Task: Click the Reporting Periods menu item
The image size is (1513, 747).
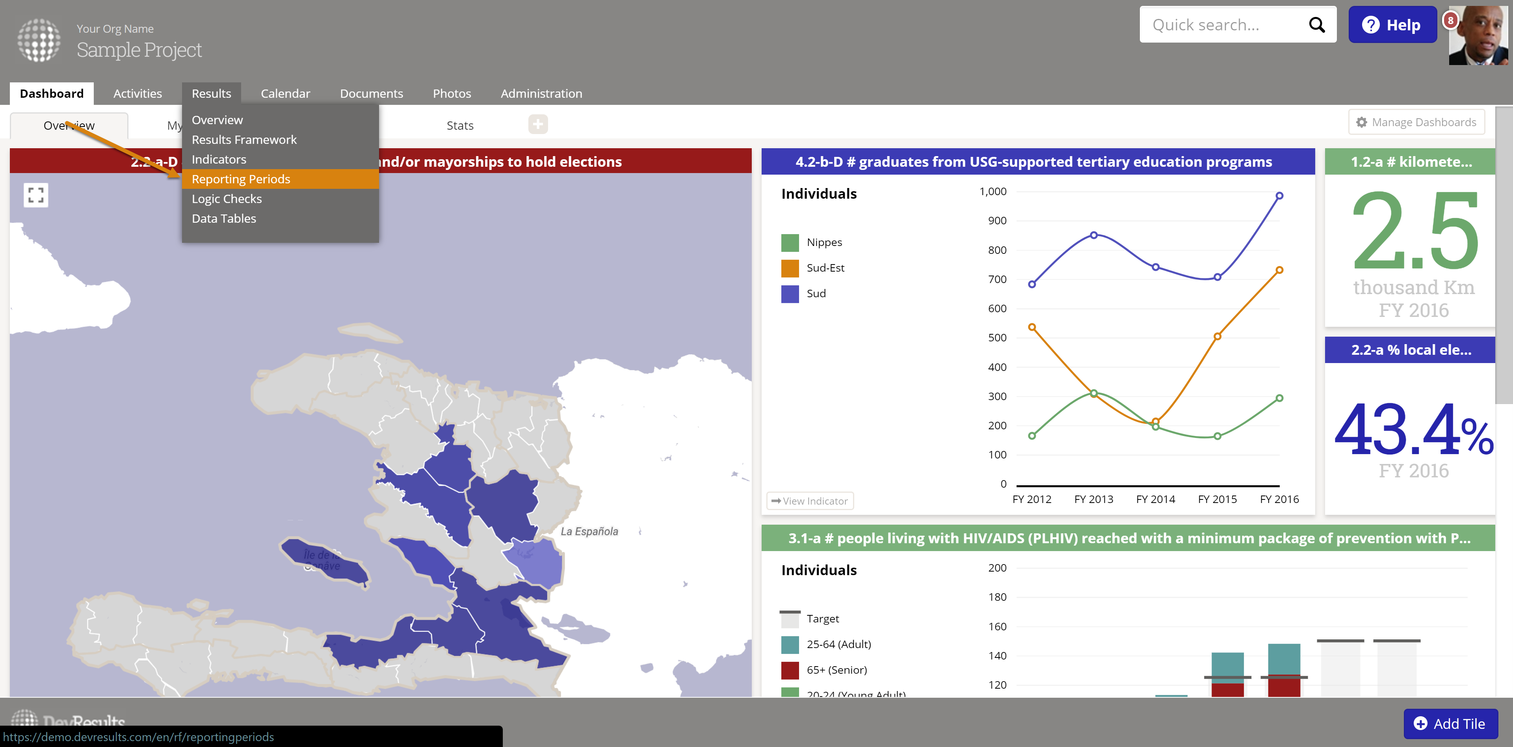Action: [241, 179]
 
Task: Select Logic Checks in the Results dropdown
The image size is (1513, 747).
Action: [227, 199]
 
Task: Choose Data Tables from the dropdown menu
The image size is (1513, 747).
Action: [224, 219]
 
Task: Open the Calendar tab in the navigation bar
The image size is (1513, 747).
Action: [285, 93]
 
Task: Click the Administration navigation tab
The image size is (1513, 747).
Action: [541, 93]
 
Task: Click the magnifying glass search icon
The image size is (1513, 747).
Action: [1317, 25]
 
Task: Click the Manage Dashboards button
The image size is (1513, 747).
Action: [1416, 122]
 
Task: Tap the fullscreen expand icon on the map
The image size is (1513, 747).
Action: [36, 195]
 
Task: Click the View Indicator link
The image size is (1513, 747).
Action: [810, 501]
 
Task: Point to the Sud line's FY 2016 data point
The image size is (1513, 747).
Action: [1279, 196]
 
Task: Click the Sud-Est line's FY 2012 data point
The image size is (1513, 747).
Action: [1032, 327]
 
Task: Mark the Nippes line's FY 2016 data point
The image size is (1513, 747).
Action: [1279, 398]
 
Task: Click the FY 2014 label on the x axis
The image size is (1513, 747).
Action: [1155, 499]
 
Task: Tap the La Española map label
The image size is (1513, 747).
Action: [589, 531]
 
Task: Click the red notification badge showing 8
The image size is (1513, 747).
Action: [1450, 20]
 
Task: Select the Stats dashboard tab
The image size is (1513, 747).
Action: [460, 125]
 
